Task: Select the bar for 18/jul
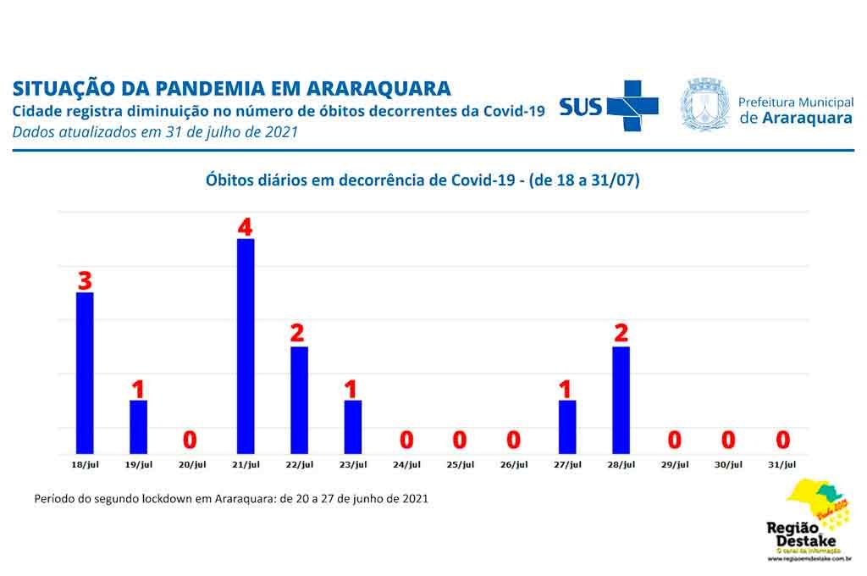coord(85,373)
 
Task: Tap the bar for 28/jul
coord(621,399)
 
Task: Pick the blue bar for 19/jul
coord(138,426)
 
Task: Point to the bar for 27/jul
coord(567,426)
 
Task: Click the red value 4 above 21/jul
coord(246,227)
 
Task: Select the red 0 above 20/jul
coord(191,440)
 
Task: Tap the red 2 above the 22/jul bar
coord(297,334)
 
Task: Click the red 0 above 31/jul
coord(783,440)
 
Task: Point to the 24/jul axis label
coord(406,464)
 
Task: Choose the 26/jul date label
coord(514,464)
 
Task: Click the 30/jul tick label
coord(729,464)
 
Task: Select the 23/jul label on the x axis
coord(353,464)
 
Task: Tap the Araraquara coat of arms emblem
coord(705,105)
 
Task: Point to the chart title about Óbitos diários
coord(422,180)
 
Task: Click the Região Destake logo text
coord(800,534)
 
